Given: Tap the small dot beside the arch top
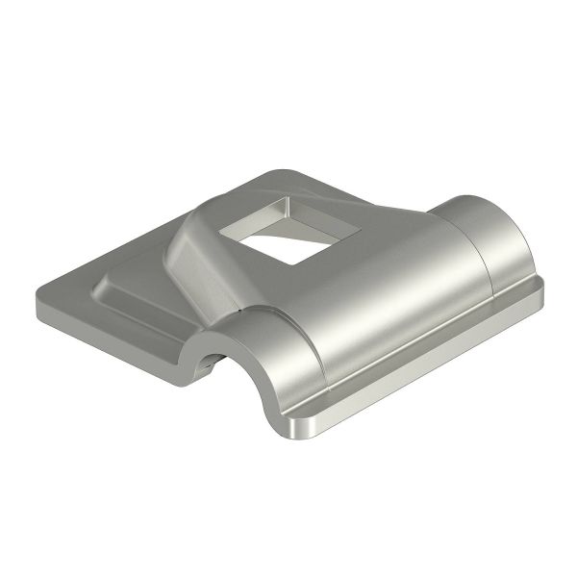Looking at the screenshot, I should tap(236, 313).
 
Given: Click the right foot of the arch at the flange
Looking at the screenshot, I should tap(288, 409).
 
